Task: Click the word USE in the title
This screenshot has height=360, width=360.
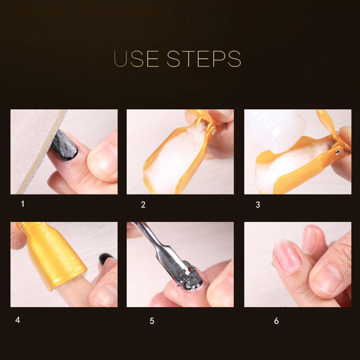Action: pyautogui.click(x=136, y=59)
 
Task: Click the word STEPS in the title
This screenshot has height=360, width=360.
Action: pyautogui.click(x=204, y=59)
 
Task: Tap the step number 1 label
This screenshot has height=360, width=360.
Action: pyautogui.click(x=23, y=204)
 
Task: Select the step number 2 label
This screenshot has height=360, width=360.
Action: pyautogui.click(x=143, y=205)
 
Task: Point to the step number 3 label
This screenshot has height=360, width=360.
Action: pyautogui.click(x=258, y=205)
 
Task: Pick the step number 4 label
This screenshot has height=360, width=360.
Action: pyautogui.click(x=18, y=320)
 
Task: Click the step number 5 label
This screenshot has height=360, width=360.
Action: pyautogui.click(x=152, y=321)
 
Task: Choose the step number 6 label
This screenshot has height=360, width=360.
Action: pyautogui.click(x=277, y=321)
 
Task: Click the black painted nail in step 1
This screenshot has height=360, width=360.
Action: pyautogui.click(x=64, y=145)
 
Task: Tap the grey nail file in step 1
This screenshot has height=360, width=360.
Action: pyautogui.click(x=35, y=147)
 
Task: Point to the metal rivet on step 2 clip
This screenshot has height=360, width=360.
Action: pyautogui.click(x=214, y=132)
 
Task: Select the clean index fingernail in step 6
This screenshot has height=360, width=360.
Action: pyautogui.click(x=287, y=256)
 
